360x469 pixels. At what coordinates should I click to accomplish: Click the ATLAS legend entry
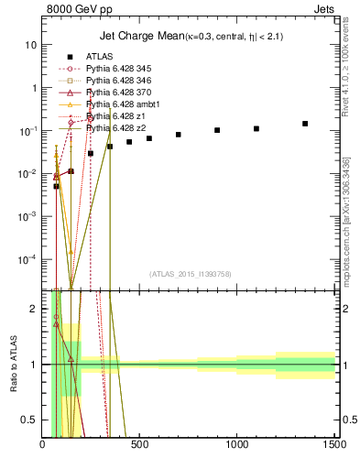tap(100, 57)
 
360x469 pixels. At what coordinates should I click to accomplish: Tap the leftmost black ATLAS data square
tap(56, 186)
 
